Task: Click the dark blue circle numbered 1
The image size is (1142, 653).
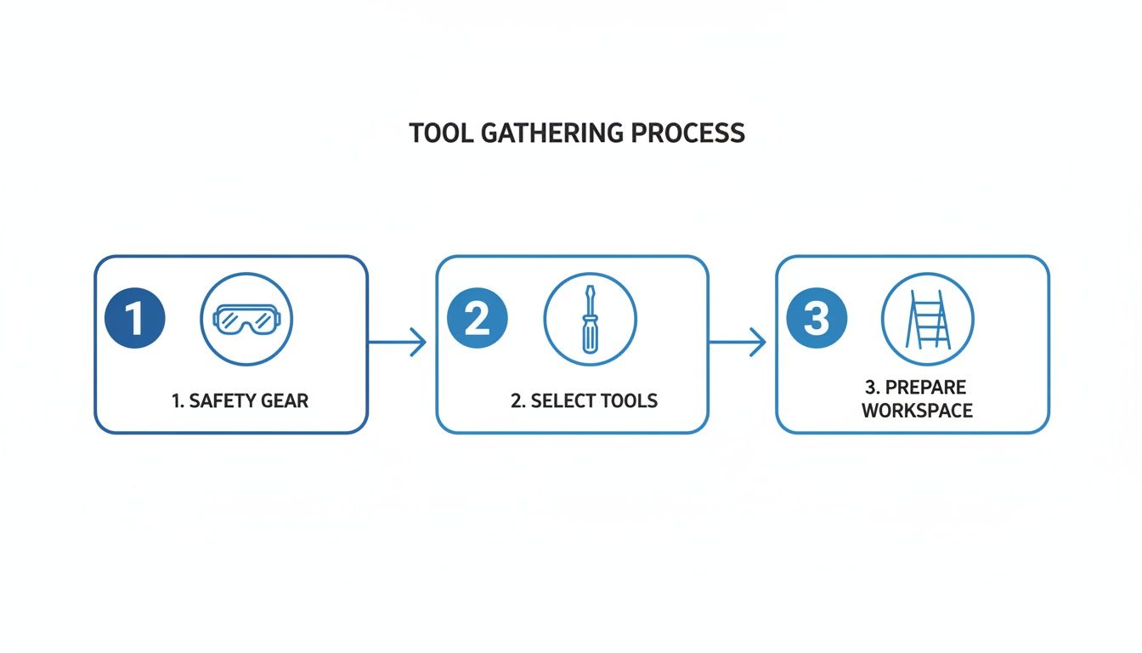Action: [x=134, y=319]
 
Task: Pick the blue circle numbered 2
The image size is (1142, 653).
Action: [x=478, y=319]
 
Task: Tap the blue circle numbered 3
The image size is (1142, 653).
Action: [x=817, y=319]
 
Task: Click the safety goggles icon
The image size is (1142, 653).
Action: [x=246, y=320]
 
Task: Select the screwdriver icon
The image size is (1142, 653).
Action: [x=589, y=320]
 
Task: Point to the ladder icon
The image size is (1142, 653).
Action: [x=928, y=320]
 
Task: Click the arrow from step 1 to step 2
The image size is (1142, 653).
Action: [x=398, y=342]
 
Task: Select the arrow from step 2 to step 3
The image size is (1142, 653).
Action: [x=738, y=342]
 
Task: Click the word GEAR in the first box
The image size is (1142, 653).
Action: [x=286, y=400]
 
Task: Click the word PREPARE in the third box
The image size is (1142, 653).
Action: [x=927, y=388]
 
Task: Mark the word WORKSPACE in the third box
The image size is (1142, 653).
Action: [x=917, y=411]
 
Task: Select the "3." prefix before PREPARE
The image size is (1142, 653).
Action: [x=873, y=388]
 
